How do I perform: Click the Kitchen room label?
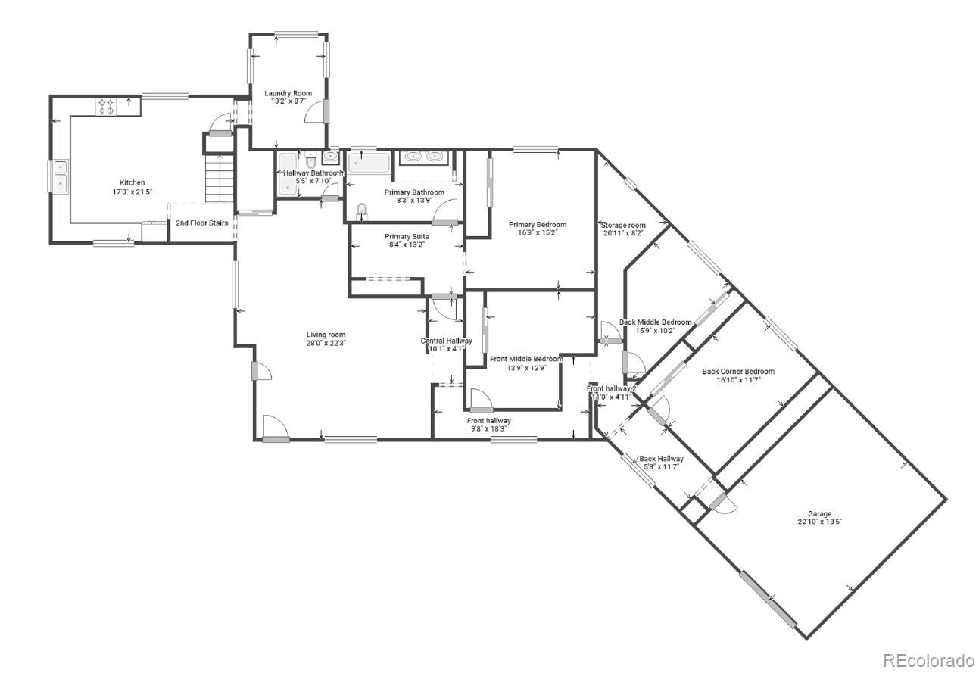click(x=132, y=182)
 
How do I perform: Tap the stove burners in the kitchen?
click(x=105, y=107)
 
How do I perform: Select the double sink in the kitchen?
click(x=59, y=176)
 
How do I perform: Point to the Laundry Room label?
click(x=288, y=94)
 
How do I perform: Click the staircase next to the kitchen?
click(x=218, y=179)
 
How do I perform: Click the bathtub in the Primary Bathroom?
click(x=368, y=161)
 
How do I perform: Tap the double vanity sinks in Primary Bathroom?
click(x=424, y=157)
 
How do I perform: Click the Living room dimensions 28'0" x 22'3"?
click(x=326, y=343)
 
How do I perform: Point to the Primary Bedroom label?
click(x=538, y=225)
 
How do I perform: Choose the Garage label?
click(x=819, y=514)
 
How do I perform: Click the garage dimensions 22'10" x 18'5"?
click(x=819, y=522)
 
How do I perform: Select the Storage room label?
click(x=623, y=226)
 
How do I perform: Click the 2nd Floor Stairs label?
click(x=202, y=223)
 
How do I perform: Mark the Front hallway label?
click(x=488, y=421)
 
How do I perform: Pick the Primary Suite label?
click(x=407, y=237)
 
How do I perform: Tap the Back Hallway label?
click(x=661, y=459)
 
